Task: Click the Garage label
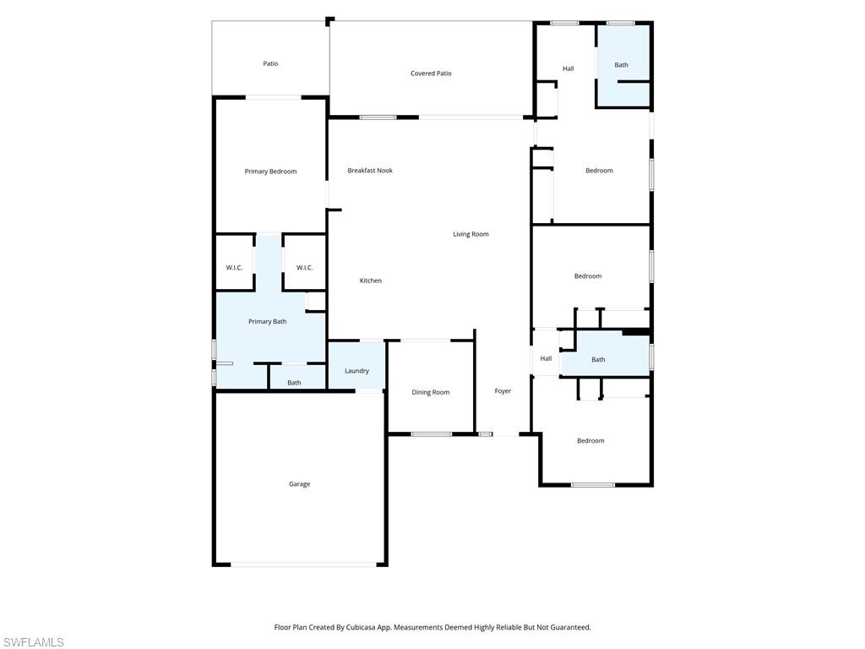pyautogui.click(x=299, y=484)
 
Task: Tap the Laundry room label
pyautogui.click(x=356, y=371)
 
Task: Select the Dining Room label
pyautogui.click(x=430, y=392)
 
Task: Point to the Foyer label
pyautogui.click(x=503, y=391)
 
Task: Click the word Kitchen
pyautogui.click(x=370, y=281)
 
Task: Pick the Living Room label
pyautogui.click(x=471, y=234)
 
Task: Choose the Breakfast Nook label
pyautogui.click(x=370, y=171)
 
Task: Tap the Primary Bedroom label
pyautogui.click(x=270, y=172)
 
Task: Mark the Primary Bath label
pyautogui.click(x=267, y=322)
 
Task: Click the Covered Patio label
pyautogui.click(x=431, y=74)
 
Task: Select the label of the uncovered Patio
pyautogui.click(x=270, y=63)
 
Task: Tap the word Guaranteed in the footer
pyautogui.click(x=569, y=628)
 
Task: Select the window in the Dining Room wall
pyautogui.click(x=431, y=434)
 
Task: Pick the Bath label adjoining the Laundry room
pyautogui.click(x=294, y=383)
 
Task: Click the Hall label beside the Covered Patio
pyautogui.click(x=569, y=68)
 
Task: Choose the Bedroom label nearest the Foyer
pyautogui.click(x=590, y=441)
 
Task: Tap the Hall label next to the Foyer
pyautogui.click(x=546, y=359)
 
